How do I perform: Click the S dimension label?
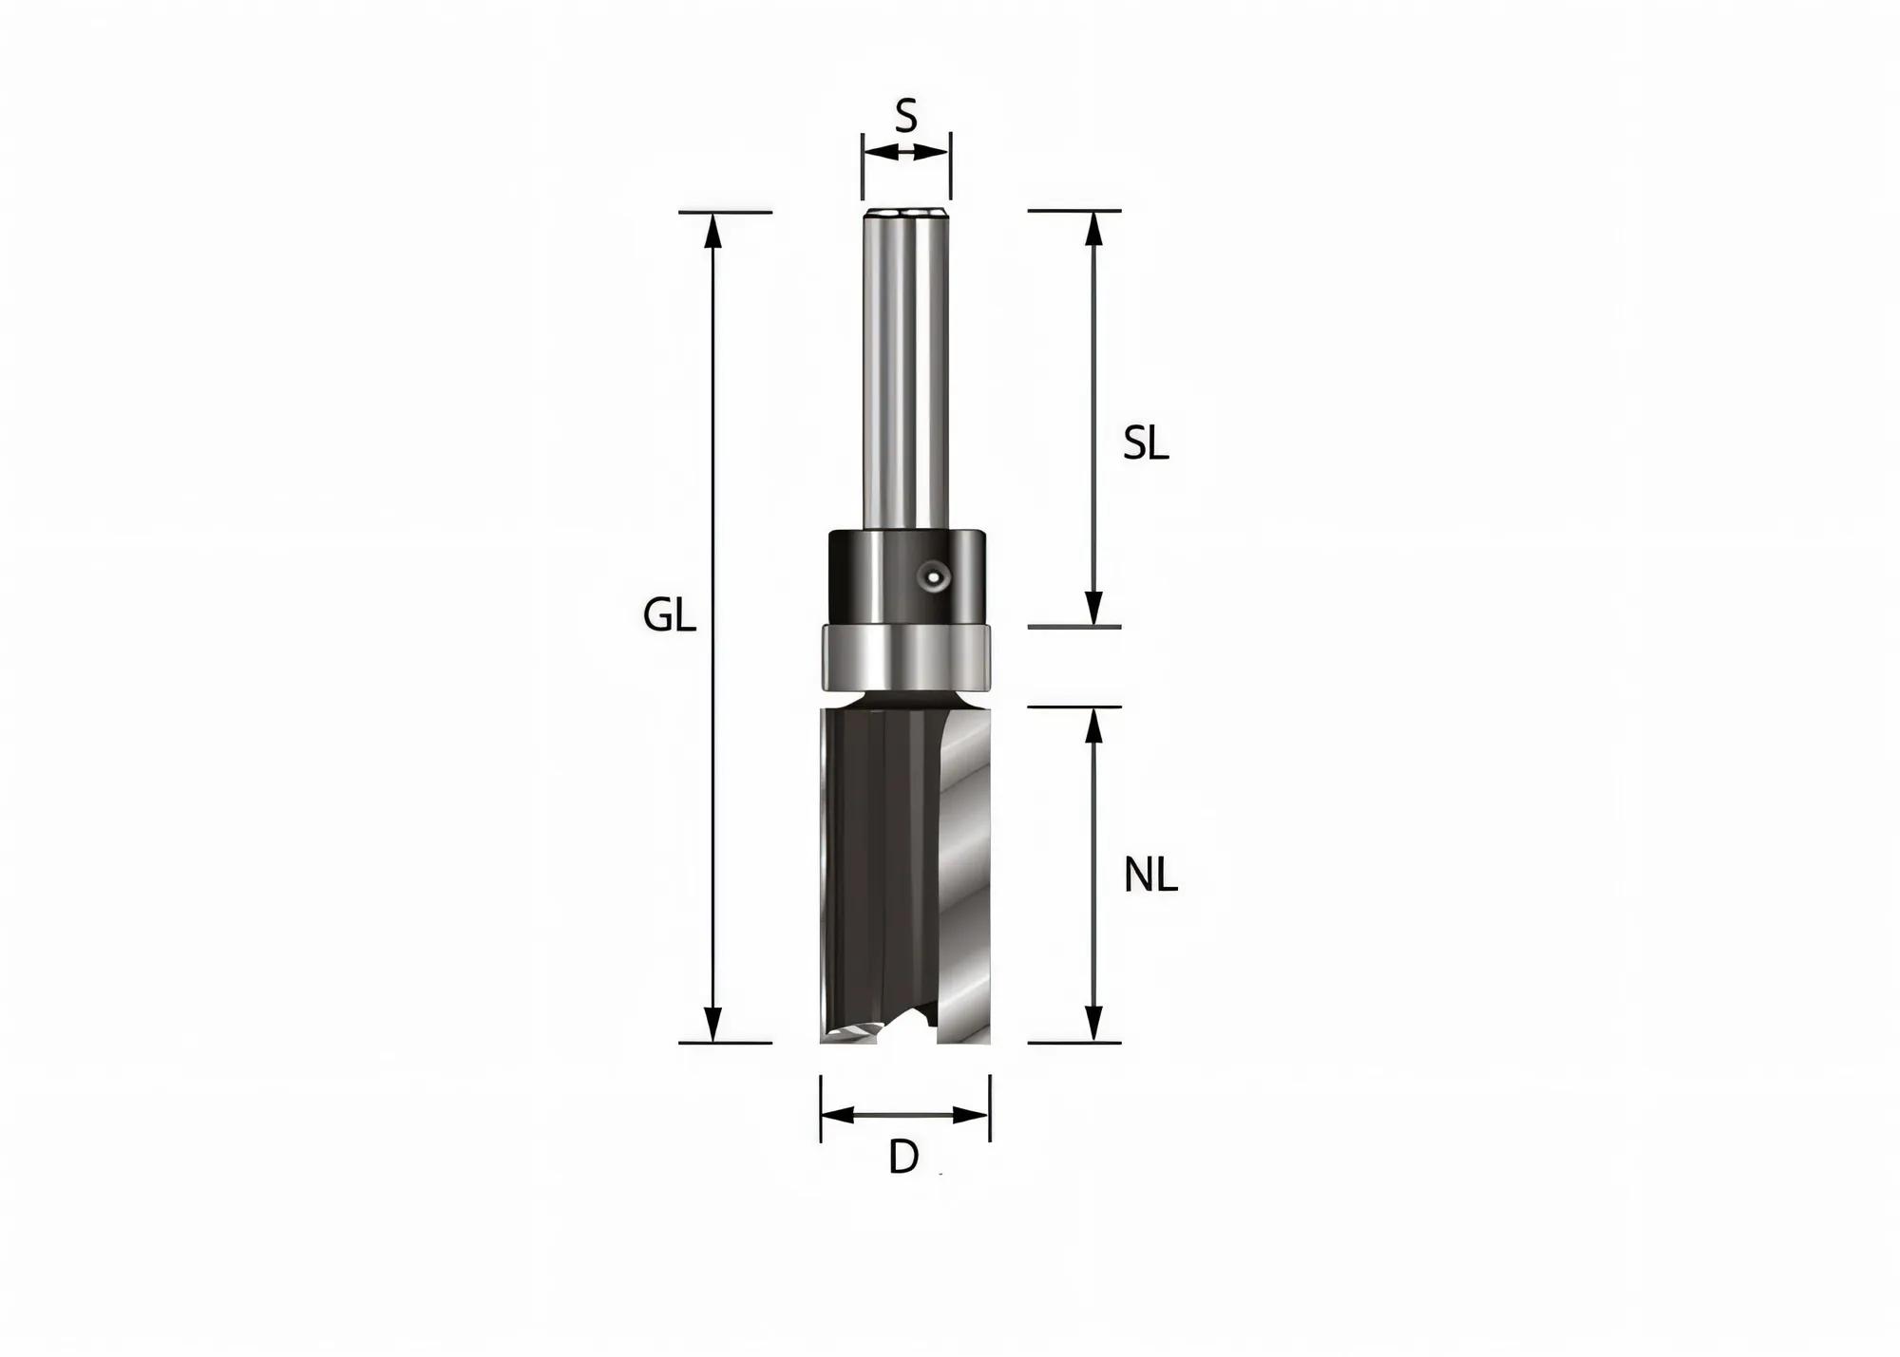coord(906,117)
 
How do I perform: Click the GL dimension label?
coord(670,617)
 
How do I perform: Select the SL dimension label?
coord(1146,443)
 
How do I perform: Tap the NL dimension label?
coord(1150,876)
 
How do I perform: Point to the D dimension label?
coord(903,1158)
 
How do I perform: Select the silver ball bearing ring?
coord(906,657)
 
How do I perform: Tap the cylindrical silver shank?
coord(905,370)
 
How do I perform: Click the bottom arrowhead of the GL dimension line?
coord(713,1026)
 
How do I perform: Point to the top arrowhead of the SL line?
coord(1094,229)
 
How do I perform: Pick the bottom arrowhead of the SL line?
coord(1094,609)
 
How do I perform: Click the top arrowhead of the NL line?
coord(1094,726)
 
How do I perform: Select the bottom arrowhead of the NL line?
coord(1094,1025)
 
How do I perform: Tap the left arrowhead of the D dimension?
coord(837,1115)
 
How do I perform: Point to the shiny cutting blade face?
coord(964,874)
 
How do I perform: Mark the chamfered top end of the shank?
coord(905,211)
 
